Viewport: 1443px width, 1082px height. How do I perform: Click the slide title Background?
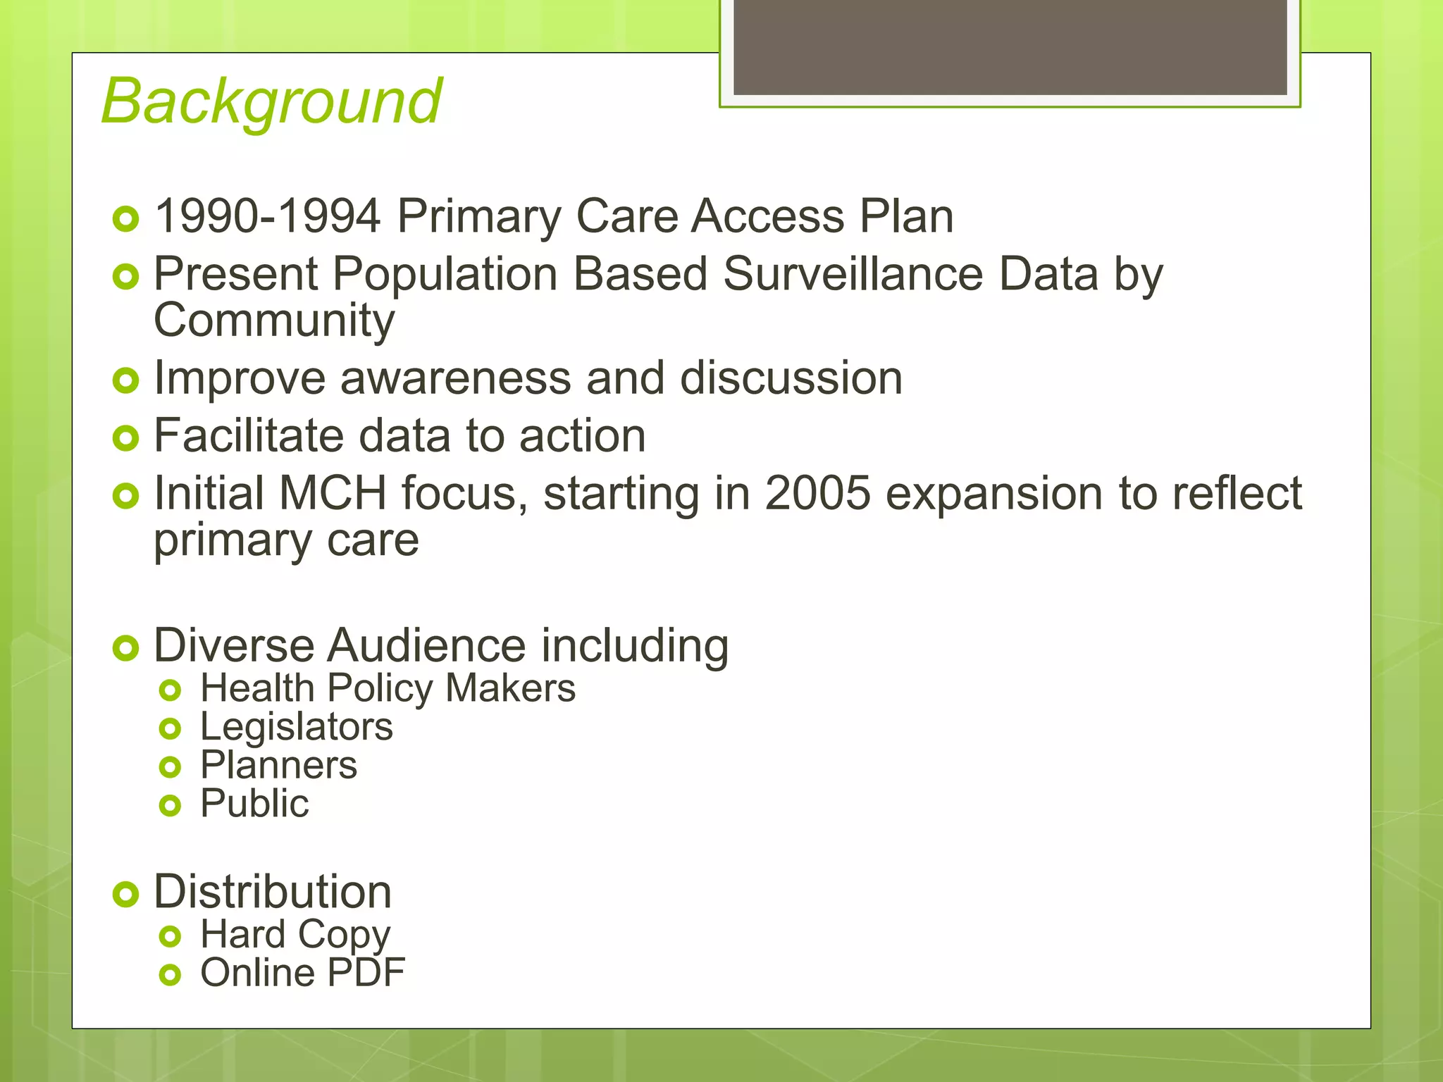point(271,102)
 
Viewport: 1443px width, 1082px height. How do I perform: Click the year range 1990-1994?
point(268,216)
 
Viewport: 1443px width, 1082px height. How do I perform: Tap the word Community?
point(274,321)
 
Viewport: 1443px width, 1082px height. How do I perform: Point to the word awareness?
point(455,378)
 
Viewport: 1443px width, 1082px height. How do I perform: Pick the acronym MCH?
point(333,493)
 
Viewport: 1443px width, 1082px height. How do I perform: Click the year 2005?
point(817,493)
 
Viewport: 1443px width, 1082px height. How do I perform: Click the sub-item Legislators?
point(297,727)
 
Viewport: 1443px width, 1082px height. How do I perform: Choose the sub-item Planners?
point(279,765)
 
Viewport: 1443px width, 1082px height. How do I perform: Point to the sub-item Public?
point(254,804)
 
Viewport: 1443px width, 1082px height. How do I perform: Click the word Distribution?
point(273,892)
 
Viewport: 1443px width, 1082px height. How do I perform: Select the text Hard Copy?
point(295,935)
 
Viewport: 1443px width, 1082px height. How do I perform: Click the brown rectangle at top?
point(1010,46)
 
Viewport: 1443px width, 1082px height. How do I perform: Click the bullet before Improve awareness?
point(126,381)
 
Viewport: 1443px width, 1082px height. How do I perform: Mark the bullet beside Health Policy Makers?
point(171,690)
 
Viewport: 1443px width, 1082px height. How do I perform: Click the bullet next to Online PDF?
point(171,975)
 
